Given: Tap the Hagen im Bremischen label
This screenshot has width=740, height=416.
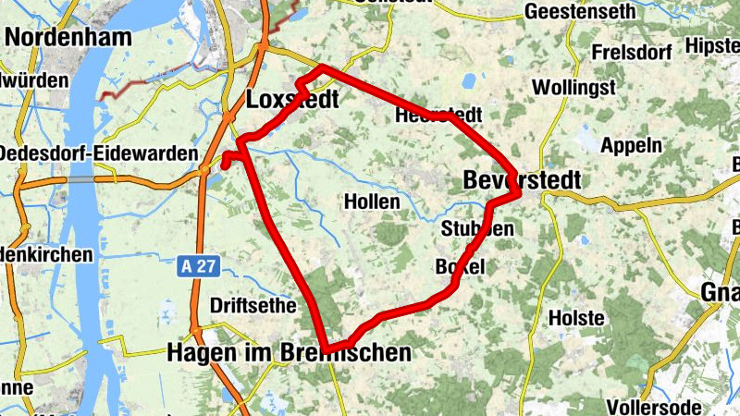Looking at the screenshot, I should [289, 352].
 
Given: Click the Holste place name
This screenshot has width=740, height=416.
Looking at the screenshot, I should [576, 317].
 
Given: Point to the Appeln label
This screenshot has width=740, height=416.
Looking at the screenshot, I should [631, 145].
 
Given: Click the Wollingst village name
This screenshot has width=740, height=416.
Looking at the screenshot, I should [573, 88].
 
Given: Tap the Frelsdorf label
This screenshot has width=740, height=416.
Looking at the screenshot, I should [633, 52].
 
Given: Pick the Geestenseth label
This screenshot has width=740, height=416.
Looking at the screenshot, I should [579, 12].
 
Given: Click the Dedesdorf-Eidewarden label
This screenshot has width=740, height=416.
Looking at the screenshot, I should [99, 153].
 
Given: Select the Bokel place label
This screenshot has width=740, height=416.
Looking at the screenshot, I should [459, 267].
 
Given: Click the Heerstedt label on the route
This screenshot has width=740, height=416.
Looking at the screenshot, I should [438, 116].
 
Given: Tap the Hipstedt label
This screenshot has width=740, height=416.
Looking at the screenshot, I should [713, 45].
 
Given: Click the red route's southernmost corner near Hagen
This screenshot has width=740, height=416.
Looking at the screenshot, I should [327, 347].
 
